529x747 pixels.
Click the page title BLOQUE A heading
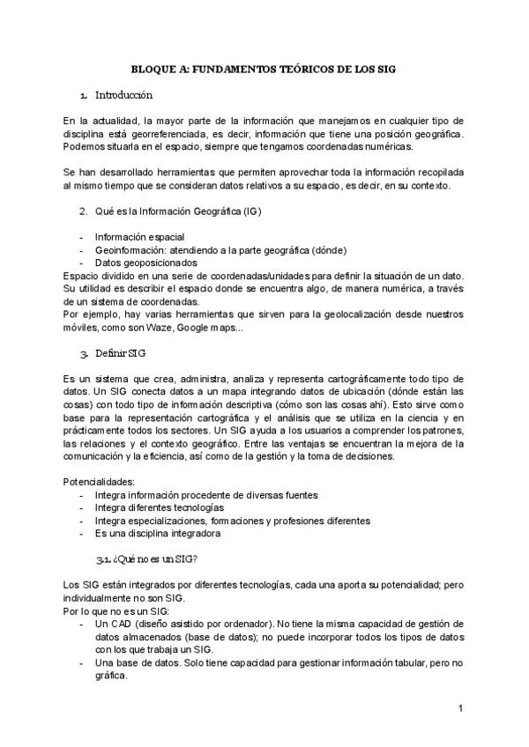tap(264, 67)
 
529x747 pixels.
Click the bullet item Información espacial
tap(139, 237)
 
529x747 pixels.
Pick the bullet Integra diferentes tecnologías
tap(159, 507)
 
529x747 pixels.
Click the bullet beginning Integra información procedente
tap(205, 495)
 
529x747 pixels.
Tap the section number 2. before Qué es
tap(83, 212)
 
